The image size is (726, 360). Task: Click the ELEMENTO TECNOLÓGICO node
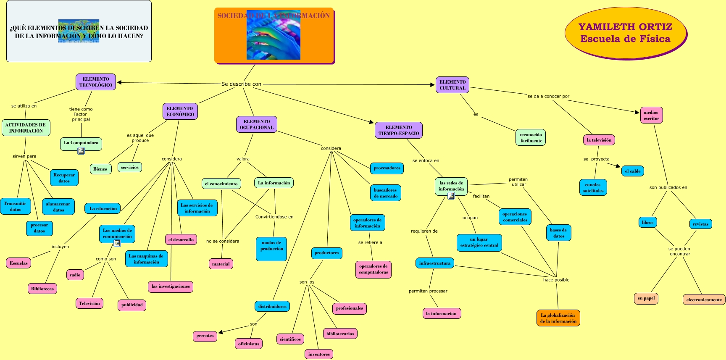(96, 82)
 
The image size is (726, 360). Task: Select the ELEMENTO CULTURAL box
(452, 85)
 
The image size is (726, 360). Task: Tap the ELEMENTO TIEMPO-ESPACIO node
(398, 130)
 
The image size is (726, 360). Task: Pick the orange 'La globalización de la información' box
(558, 318)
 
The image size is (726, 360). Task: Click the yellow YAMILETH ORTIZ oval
(625, 33)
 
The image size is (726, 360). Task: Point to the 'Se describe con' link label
(241, 84)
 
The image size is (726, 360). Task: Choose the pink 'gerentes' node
(205, 336)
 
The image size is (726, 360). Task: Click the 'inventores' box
(319, 354)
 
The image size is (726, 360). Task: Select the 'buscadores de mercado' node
(385, 193)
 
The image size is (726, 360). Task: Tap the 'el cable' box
(632, 171)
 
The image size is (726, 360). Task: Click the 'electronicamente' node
(704, 300)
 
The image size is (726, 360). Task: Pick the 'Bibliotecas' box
(42, 289)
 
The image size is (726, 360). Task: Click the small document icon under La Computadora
(81, 151)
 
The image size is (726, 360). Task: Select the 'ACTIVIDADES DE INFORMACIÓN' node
(26, 128)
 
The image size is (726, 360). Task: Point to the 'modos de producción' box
(271, 249)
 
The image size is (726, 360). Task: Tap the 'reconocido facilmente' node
(531, 137)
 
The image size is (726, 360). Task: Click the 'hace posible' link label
(556, 280)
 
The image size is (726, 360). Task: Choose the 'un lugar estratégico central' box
(479, 242)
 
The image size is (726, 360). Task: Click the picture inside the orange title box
(273, 35)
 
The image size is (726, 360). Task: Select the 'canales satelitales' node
(593, 187)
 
